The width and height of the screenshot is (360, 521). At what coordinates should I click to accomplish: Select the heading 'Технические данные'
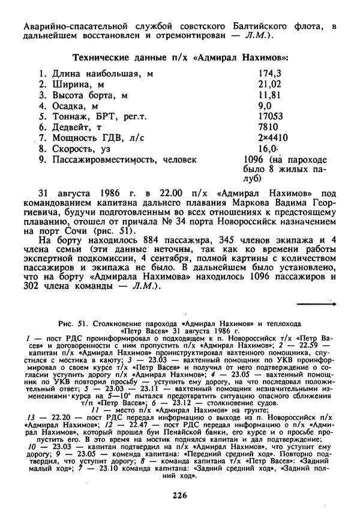point(115,57)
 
